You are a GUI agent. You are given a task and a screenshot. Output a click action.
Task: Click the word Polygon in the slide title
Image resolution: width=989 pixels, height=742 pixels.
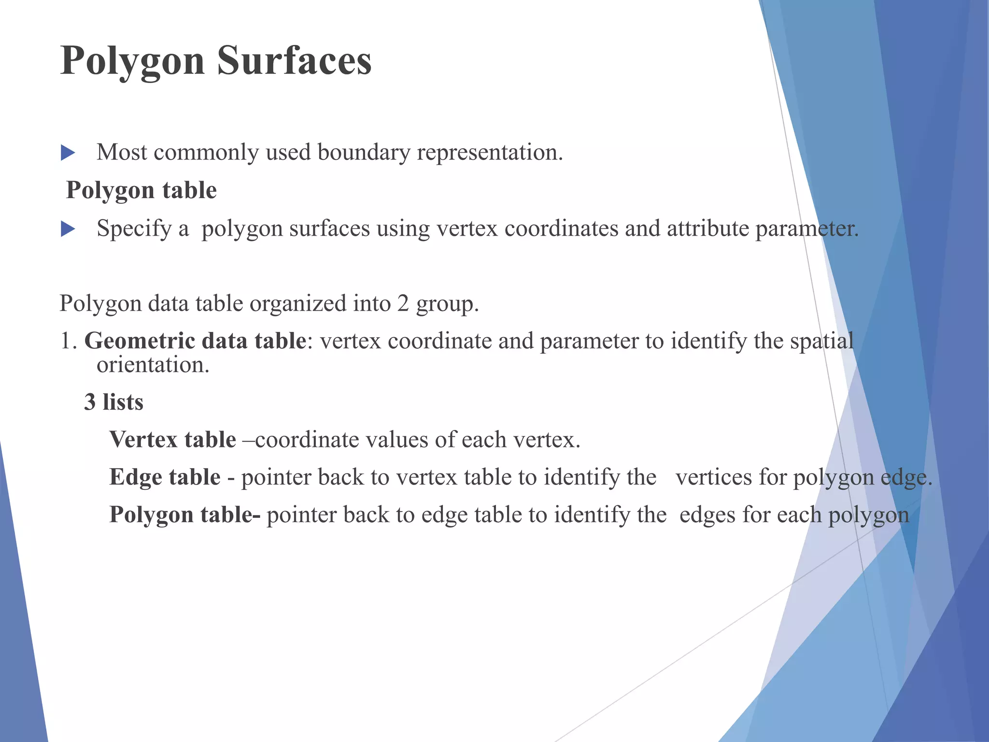coord(132,62)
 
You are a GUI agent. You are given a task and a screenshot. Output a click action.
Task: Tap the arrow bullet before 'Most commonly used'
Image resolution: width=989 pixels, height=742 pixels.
coord(68,154)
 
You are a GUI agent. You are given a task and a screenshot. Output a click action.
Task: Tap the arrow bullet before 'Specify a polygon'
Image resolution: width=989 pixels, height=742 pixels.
coord(68,229)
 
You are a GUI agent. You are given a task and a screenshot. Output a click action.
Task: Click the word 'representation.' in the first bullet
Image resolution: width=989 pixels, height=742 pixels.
coord(490,153)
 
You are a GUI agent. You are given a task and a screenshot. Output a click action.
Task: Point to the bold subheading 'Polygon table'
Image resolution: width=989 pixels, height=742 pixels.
coord(141,190)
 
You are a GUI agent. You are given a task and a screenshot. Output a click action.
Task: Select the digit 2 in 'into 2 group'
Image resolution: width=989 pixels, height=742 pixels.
coord(403,304)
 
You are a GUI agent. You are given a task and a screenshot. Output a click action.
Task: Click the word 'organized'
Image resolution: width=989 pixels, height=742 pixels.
coord(297,304)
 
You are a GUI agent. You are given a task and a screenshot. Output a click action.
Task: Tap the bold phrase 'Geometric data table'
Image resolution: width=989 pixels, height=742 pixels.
coord(195,341)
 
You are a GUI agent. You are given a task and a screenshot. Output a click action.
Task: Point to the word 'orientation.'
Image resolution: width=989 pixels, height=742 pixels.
coord(153,365)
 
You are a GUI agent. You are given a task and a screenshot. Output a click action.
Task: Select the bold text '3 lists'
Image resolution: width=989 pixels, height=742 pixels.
coord(114,402)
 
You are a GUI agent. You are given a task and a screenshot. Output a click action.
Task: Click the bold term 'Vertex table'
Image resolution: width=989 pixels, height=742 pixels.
coord(172,440)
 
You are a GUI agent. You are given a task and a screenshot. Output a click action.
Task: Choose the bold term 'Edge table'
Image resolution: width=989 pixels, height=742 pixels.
coord(165,477)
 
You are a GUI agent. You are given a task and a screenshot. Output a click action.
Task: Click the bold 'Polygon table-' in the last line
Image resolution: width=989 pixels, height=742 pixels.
coord(185,514)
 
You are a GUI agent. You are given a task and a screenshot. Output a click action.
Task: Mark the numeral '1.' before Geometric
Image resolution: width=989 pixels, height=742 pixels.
coord(68,341)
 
